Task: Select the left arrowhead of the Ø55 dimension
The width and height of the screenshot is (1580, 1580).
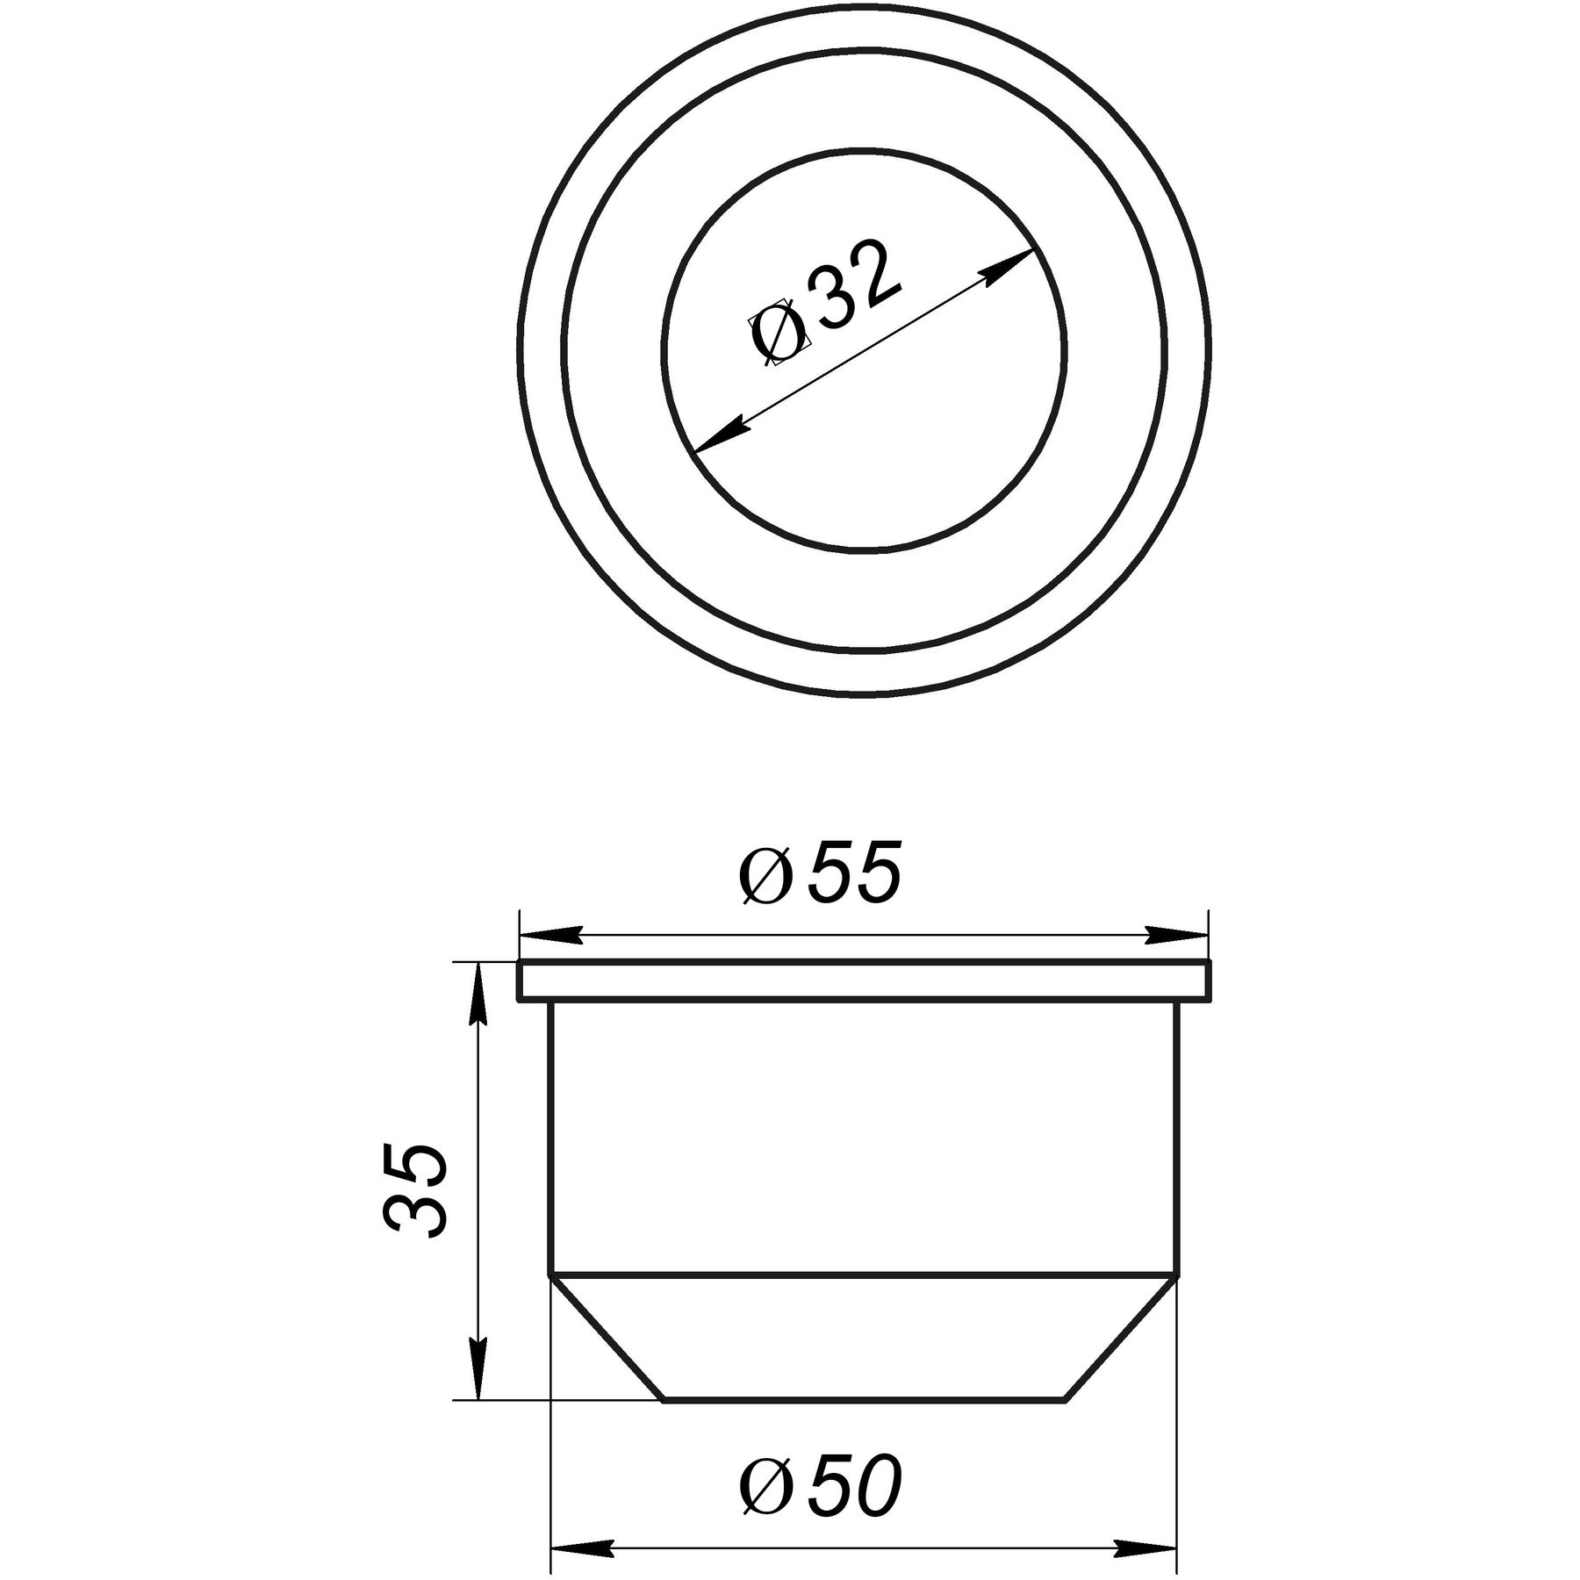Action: (553, 936)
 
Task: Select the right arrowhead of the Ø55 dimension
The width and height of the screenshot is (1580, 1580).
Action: (1176, 936)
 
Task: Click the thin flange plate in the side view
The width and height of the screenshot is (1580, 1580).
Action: (864, 980)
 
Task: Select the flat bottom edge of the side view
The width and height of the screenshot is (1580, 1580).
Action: (864, 1401)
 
